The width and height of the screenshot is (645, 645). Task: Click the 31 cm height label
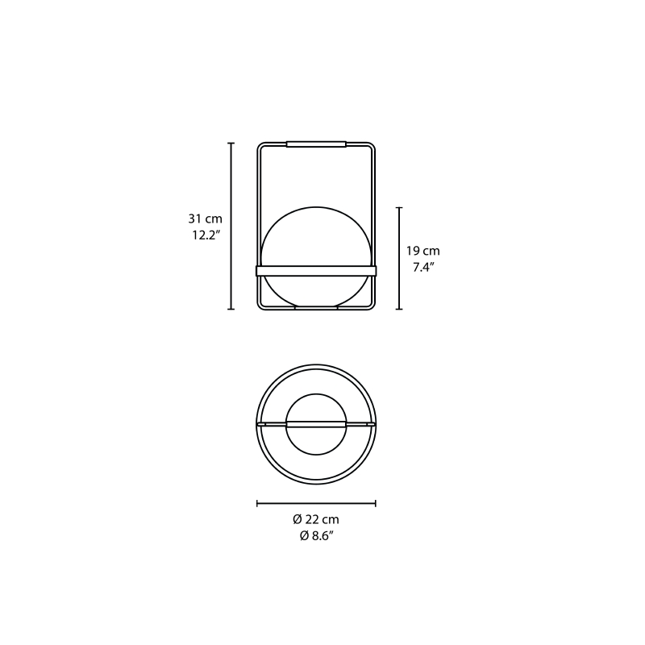[x=205, y=218]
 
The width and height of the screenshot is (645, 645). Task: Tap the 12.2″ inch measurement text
[x=205, y=235]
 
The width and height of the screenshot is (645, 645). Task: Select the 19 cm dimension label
[x=422, y=251]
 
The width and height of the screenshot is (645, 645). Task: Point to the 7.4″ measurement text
[x=424, y=268]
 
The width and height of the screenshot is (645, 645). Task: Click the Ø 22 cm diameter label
[x=316, y=519]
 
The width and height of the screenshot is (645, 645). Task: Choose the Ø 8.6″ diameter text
[x=316, y=536]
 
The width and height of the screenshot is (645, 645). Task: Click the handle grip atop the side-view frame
[x=316, y=144]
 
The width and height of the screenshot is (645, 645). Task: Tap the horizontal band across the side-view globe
[x=316, y=271]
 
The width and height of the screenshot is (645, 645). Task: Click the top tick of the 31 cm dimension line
[x=231, y=144]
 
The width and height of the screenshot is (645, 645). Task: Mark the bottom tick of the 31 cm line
[x=231, y=309]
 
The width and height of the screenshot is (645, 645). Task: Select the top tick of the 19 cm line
[x=399, y=207]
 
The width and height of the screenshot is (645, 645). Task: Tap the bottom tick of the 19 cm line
[x=399, y=309]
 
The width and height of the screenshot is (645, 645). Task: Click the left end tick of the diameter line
[x=257, y=503]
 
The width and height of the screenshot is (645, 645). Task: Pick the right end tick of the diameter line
[x=375, y=503]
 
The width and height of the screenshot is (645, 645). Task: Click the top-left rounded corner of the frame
[x=260, y=147]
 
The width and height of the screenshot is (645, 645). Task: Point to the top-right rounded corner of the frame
[x=372, y=147]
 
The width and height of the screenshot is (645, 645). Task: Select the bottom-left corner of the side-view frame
[x=260, y=306]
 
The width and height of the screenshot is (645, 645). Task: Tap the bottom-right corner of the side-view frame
[x=372, y=306]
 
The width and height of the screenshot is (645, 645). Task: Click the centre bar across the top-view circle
[x=316, y=423]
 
